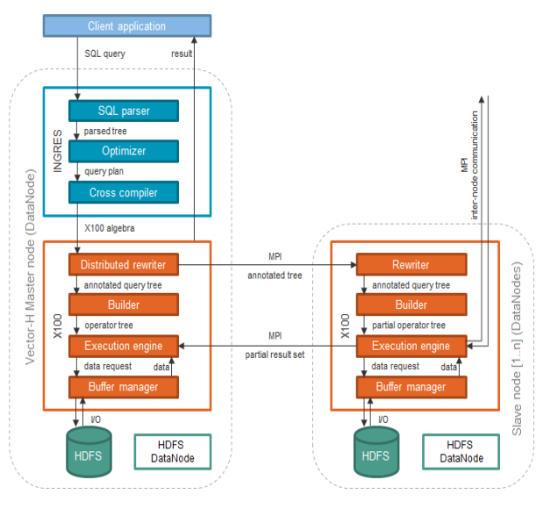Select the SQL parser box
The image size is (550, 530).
[x=123, y=111]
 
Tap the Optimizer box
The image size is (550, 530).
[x=123, y=151]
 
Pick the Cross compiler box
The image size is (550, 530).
[x=123, y=191]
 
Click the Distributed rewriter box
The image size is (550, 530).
[x=123, y=264]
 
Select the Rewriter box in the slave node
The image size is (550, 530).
[x=411, y=264]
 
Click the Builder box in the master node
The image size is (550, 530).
[x=123, y=304]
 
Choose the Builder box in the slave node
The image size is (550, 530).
[x=411, y=304]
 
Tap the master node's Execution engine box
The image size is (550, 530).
[x=123, y=346]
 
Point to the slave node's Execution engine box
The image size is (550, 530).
[x=411, y=346]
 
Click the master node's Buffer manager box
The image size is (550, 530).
[x=123, y=386]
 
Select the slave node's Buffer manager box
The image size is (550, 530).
[x=411, y=386]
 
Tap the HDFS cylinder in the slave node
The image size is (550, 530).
[x=375, y=455]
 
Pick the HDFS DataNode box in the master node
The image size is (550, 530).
[x=173, y=451]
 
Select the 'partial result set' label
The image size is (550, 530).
[x=275, y=355]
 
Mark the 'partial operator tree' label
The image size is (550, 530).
[x=409, y=325]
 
